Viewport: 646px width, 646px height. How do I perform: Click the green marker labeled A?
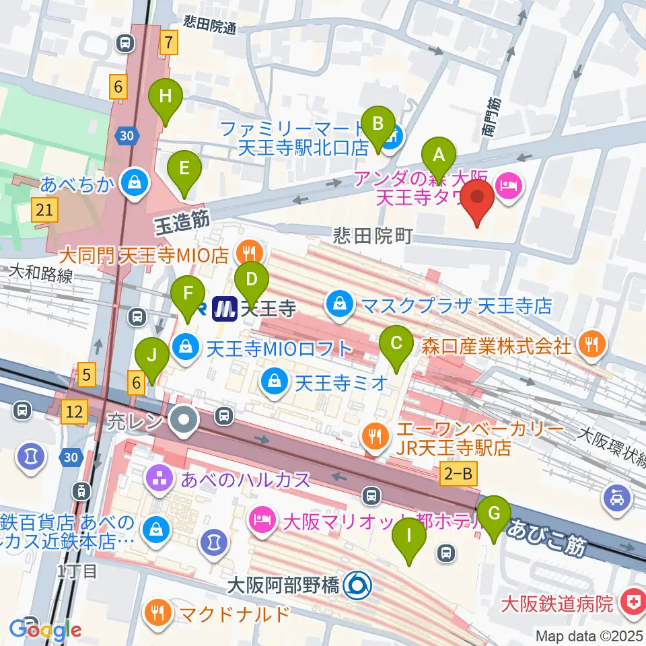(439, 156)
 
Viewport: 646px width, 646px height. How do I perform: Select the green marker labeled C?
(396, 343)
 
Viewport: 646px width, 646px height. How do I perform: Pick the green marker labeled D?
(251, 278)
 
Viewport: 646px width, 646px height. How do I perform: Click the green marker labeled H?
(166, 97)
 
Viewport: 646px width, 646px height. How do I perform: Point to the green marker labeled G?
(494, 514)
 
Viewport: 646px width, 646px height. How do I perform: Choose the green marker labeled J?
(152, 355)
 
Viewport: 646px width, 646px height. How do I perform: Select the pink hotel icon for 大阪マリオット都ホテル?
(260, 519)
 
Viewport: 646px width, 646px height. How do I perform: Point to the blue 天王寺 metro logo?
(223, 310)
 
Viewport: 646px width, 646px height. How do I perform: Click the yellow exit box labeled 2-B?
(458, 474)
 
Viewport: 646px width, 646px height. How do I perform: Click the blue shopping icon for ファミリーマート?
(395, 137)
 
